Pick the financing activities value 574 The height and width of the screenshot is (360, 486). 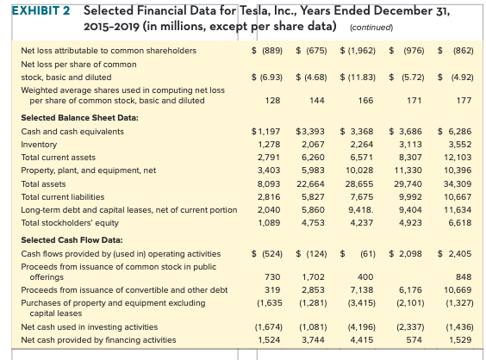(x=414, y=340)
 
